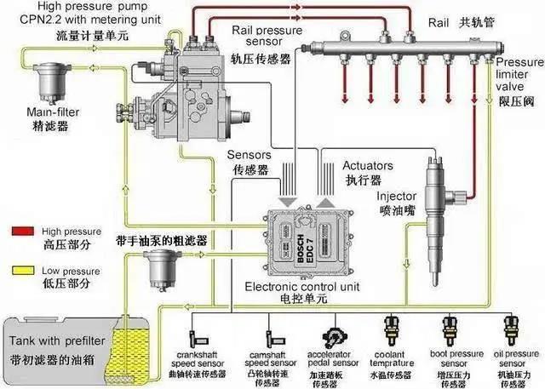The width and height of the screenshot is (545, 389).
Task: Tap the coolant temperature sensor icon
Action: [x=393, y=328]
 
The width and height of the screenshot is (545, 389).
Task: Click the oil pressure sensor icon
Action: [x=511, y=328]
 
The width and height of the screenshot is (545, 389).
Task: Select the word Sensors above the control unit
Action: [x=251, y=156]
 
